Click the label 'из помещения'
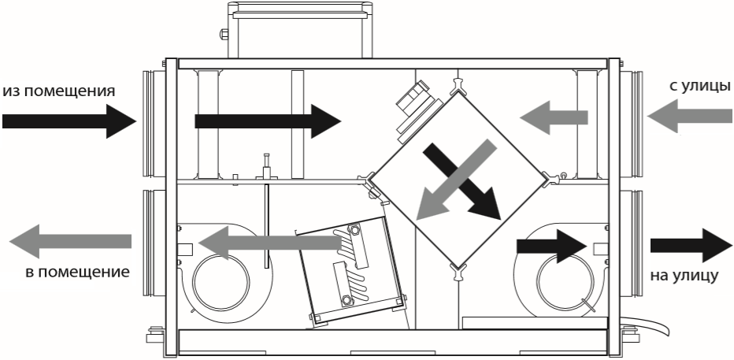point(59,90)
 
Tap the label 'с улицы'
point(699,85)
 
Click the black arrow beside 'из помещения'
point(69,121)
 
